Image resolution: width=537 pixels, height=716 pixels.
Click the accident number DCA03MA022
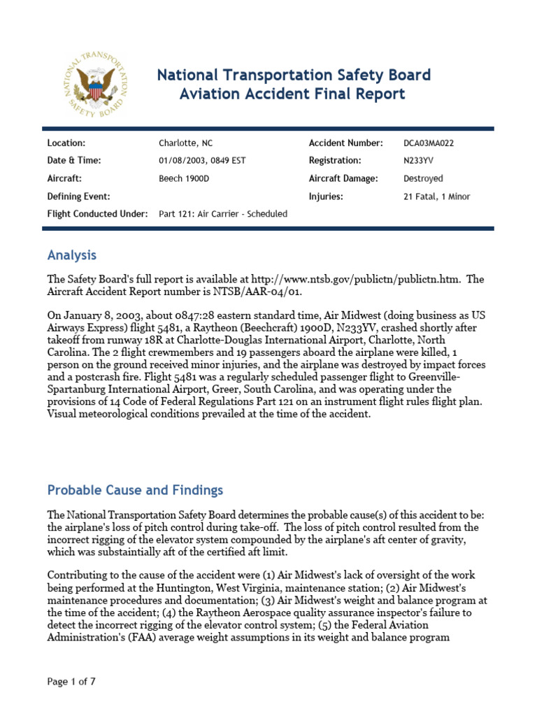[x=433, y=143]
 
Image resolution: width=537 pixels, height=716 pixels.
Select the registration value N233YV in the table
[x=418, y=161]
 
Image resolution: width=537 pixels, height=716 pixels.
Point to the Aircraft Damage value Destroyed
[x=423, y=178]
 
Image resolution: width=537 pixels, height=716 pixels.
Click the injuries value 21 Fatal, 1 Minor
[x=437, y=196]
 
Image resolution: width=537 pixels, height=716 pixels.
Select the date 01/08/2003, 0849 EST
[x=202, y=161]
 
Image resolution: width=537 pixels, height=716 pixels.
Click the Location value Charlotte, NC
[x=185, y=143]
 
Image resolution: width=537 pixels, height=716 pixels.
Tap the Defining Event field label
[x=78, y=196]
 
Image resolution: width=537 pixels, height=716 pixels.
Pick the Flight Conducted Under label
[x=97, y=214]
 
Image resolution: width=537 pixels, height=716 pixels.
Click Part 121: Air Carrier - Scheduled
[x=223, y=214]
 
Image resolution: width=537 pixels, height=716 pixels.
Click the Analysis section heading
[x=71, y=255]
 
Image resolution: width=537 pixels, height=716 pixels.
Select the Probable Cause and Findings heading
[x=135, y=490]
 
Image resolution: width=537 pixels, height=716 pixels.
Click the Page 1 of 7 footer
[x=71, y=682]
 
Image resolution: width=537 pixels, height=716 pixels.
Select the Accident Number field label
[x=345, y=143]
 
